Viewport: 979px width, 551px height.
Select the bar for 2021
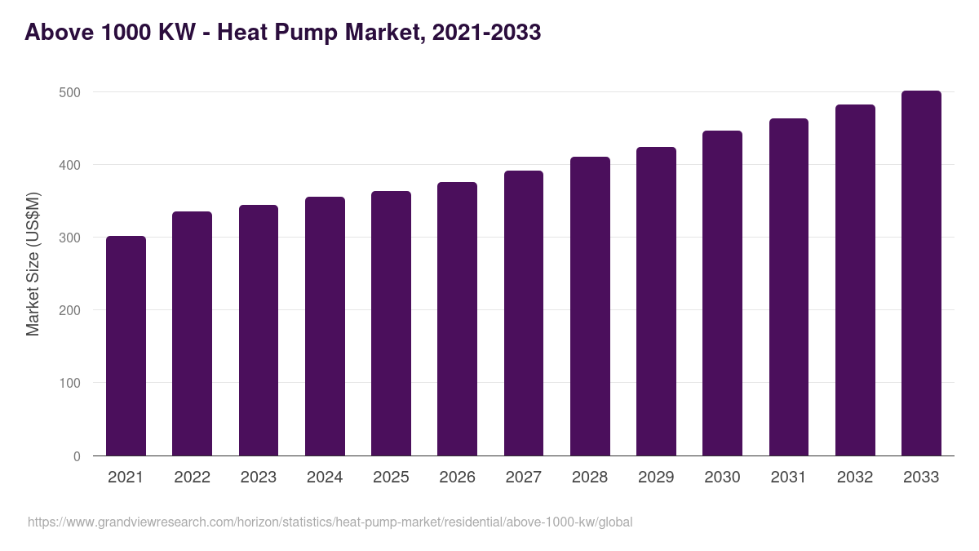point(126,346)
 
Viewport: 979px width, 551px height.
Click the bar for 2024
point(325,327)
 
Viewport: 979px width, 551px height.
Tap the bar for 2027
point(523,313)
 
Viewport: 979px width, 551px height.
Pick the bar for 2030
point(722,293)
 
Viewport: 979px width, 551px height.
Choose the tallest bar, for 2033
point(921,273)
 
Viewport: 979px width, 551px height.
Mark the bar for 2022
point(192,334)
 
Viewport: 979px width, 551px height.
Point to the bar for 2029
point(656,301)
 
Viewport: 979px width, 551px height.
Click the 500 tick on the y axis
point(70,93)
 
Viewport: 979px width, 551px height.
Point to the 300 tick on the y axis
point(70,238)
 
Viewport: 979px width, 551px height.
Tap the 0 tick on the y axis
point(77,456)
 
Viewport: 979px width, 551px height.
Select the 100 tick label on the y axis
point(70,384)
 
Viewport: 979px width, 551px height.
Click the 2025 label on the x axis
point(391,478)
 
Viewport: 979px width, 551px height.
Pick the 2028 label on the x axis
point(590,478)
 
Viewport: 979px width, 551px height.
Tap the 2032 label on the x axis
point(855,478)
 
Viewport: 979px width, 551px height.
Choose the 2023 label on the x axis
point(258,478)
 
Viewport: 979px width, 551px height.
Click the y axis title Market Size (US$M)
point(33,264)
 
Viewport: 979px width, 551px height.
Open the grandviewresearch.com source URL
point(330,522)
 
